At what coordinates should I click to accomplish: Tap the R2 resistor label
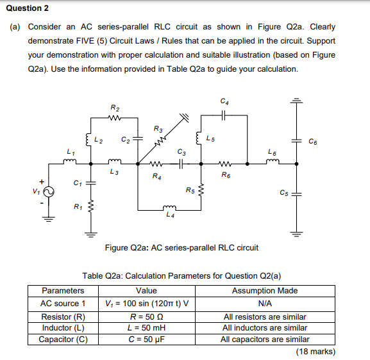tap(114, 107)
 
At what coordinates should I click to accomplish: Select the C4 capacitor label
tap(224, 101)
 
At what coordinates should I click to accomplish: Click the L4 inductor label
tap(170, 215)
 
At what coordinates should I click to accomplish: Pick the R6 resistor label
tap(226, 175)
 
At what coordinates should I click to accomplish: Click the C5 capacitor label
tap(284, 193)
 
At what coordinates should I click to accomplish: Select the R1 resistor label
tap(77, 206)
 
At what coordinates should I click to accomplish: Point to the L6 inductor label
tap(273, 151)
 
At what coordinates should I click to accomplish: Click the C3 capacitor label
tap(181, 152)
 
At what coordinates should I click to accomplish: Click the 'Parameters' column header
tap(63, 291)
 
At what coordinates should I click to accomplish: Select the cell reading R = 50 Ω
tap(146, 316)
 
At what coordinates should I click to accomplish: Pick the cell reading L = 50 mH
tap(146, 328)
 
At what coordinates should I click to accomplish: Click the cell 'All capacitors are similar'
tap(265, 340)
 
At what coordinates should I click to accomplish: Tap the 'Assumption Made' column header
tap(265, 291)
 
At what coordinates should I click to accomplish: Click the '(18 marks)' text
tap(315, 351)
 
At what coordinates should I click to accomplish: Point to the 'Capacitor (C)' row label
tap(63, 340)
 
